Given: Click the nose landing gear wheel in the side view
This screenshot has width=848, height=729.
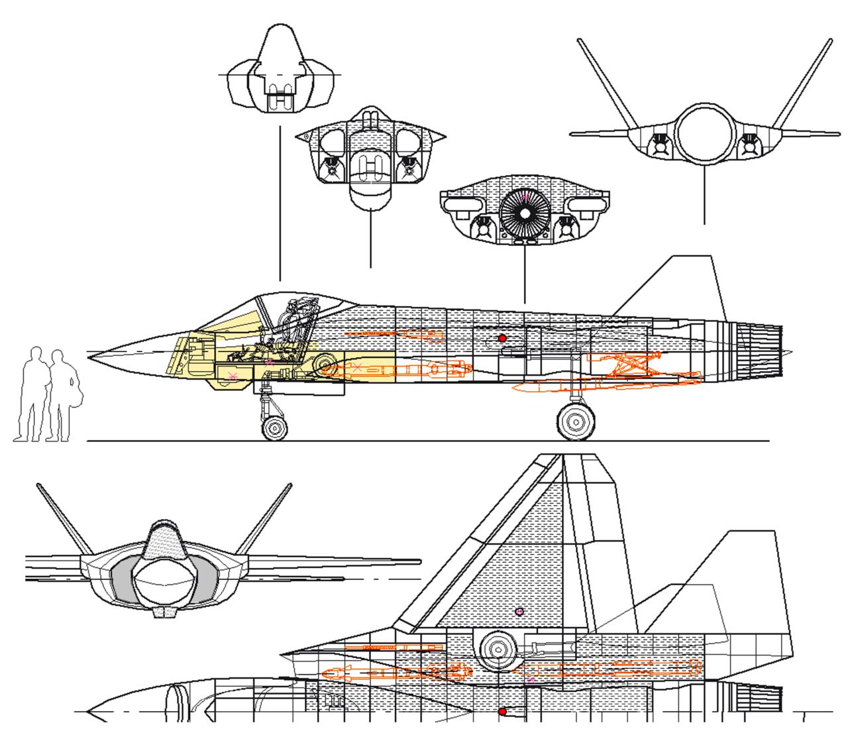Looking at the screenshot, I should coord(274,428).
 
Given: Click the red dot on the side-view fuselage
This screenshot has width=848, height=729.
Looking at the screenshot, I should coord(502,339).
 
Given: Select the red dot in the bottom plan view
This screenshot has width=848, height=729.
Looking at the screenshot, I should coord(502,712).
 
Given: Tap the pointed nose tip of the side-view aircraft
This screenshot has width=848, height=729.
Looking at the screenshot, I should coord(91,358).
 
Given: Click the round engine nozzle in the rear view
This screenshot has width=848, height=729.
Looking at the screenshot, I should coord(704,133).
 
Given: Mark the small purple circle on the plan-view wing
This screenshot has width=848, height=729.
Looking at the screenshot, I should coord(519,611).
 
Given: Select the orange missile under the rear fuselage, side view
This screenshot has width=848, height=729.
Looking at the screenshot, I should coord(606,383).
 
